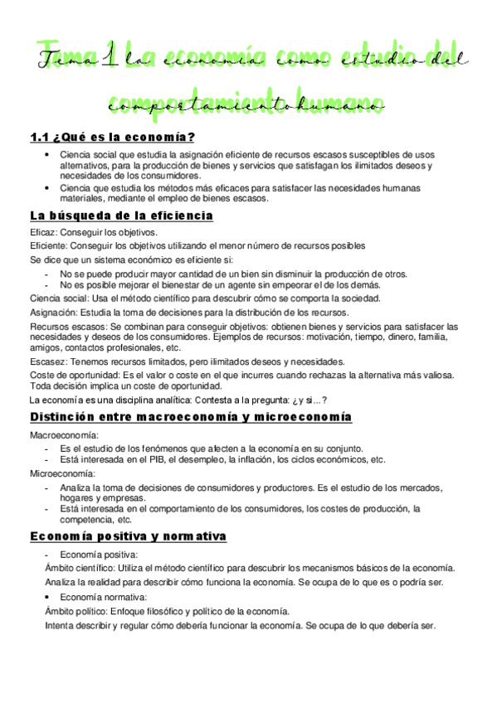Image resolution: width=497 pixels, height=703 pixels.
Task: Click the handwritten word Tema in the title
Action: tap(66, 59)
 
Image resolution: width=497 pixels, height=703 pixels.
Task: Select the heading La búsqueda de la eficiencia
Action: tap(121, 216)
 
